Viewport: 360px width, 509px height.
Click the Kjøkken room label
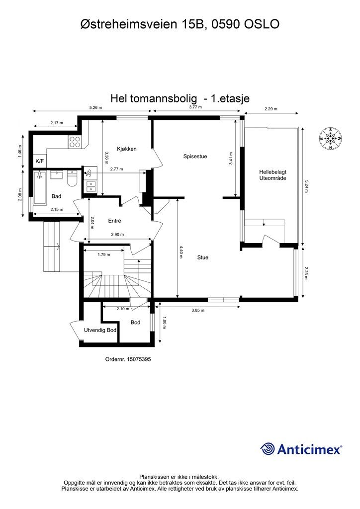(x=127, y=149)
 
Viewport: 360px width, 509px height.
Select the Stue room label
(x=202, y=257)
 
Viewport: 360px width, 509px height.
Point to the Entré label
(x=115, y=221)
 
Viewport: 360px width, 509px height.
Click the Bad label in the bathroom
(x=56, y=196)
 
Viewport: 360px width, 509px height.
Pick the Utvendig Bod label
(x=100, y=330)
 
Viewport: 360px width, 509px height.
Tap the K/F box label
(x=39, y=161)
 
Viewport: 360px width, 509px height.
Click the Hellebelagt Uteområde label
(x=272, y=174)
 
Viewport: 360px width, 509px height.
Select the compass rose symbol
(x=331, y=138)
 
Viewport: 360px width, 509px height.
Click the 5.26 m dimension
(x=95, y=107)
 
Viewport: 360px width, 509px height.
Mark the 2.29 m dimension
(x=271, y=109)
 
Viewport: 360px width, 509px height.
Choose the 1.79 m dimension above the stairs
(x=103, y=255)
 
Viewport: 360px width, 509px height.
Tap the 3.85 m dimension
(x=198, y=310)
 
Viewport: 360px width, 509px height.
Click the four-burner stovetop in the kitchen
(x=75, y=142)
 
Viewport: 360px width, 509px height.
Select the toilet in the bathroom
(x=72, y=179)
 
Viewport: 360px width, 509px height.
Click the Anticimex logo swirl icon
(x=268, y=449)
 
